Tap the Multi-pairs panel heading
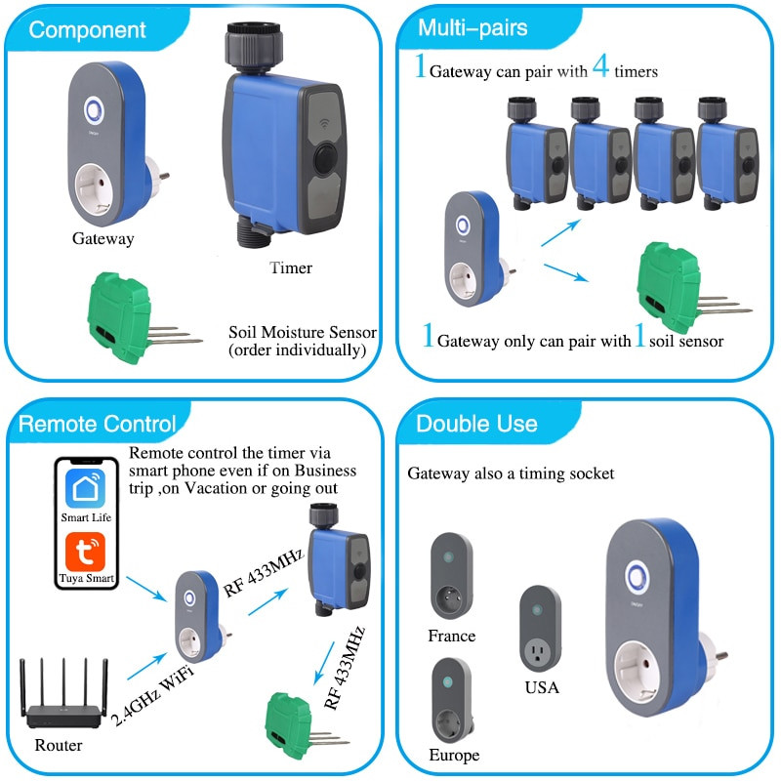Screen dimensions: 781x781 pos(473,27)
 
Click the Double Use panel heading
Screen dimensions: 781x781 pos(476,424)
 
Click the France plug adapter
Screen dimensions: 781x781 pos(451,576)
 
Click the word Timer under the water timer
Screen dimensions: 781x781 pos(291,267)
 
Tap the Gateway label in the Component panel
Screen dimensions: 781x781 pos(103,238)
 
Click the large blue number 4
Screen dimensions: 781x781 pos(601,67)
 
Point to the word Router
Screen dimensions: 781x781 pos(59,746)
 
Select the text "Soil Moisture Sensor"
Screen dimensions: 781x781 pos(302,332)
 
